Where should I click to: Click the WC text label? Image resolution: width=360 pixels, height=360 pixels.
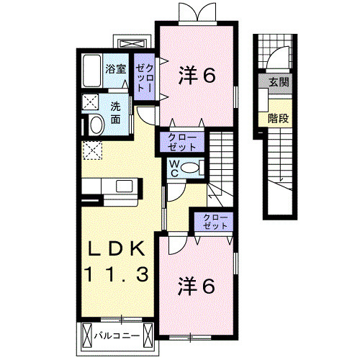[174, 168]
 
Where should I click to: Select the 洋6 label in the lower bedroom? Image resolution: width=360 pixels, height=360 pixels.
[197, 287]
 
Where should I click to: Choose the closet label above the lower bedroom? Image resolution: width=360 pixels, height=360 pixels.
[211, 220]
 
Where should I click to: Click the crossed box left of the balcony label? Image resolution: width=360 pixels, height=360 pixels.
[87, 334]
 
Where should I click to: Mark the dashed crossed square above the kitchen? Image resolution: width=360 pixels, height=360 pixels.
[92, 150]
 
